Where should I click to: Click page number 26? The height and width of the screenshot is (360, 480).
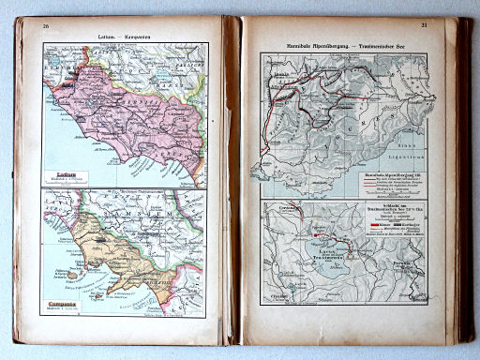click(x=45, y=25)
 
